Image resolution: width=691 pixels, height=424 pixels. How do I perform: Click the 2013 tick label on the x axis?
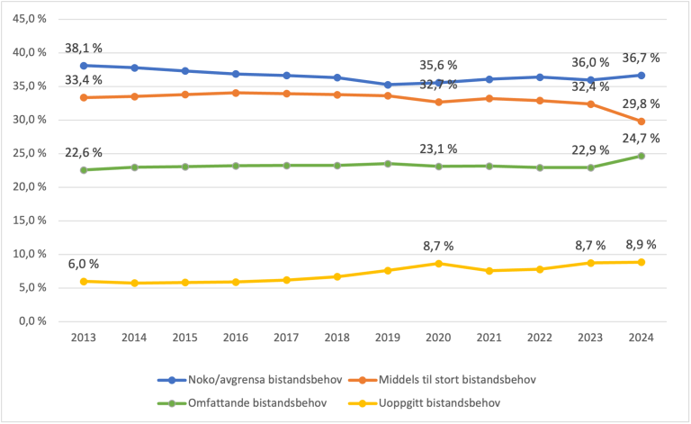(x=84, y=337)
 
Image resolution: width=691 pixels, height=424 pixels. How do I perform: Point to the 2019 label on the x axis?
(x=389, y=337)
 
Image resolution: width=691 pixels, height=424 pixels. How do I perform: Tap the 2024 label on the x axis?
(x=642, y=337)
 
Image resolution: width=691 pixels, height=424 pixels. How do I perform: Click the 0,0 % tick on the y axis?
(x=35, y=321)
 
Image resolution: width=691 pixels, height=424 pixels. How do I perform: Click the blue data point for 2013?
(x=84, y=66)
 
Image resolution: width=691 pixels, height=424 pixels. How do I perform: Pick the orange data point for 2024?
(x=642, y=122)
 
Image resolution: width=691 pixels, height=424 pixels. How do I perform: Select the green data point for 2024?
(x=642, y=156)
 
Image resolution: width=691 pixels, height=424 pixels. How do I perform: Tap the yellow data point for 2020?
(x=439, y=263)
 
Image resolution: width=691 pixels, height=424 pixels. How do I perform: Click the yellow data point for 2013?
(x=84, y=281)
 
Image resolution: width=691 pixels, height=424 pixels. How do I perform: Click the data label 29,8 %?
(x=642, y=104)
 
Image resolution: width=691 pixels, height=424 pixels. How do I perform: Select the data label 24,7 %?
(x=642, y=138)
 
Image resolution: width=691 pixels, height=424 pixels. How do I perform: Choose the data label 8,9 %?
(x=642, y=245)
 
